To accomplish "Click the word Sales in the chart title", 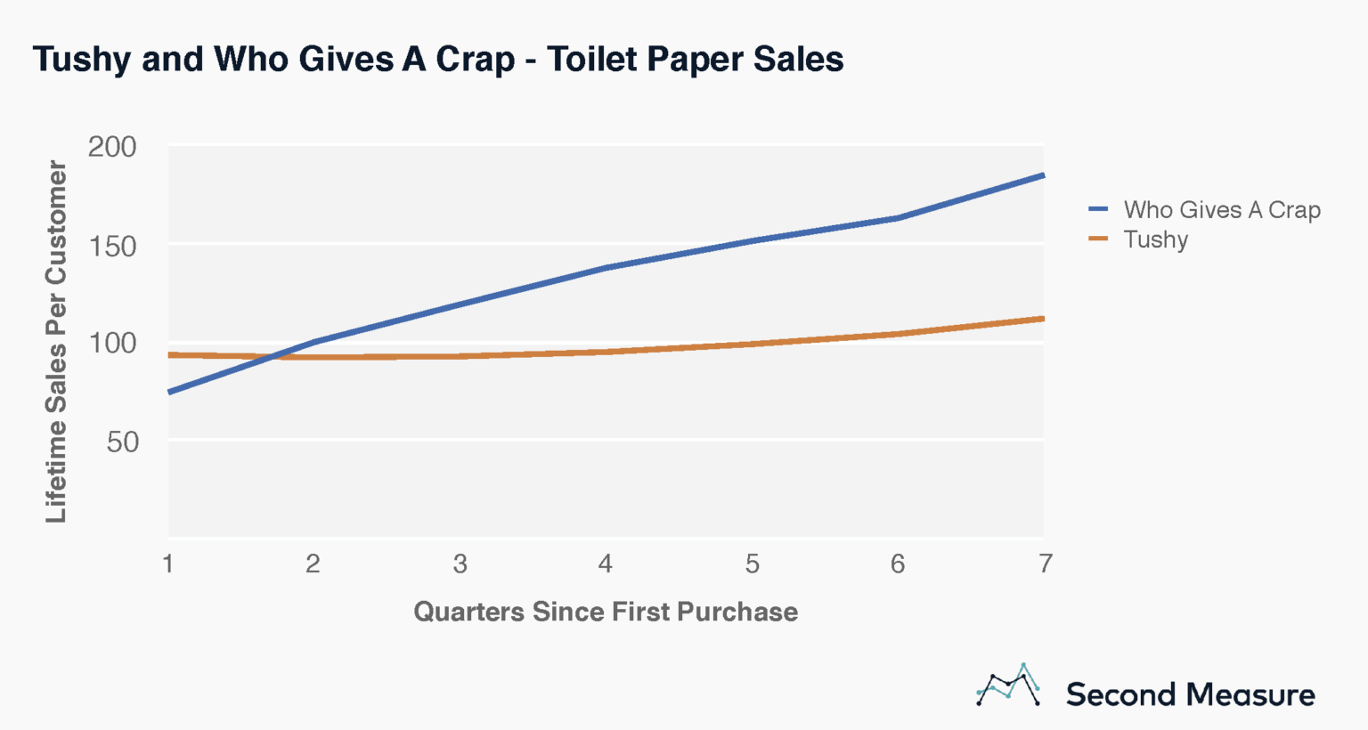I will [798, 59].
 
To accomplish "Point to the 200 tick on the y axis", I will [112, 147].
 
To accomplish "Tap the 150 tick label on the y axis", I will [112, 245].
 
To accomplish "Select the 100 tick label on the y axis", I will [112, 343].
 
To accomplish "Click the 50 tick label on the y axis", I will [123, 441].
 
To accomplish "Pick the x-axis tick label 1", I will [167, 564].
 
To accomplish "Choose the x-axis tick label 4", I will [606, 564].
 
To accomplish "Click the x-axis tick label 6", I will [898, 564].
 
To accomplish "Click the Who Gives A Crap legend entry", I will [1221, 210].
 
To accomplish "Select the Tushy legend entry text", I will [1155, 239].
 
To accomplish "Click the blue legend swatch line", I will [1098, 210].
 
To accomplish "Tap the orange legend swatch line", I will [1098, 239].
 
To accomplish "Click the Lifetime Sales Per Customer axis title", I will [56, 342].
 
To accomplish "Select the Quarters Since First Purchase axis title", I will [606, 612].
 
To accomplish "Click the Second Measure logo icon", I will [1008, 686].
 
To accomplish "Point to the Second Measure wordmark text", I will [1190, 694].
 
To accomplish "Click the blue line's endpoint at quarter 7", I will [1042, 175].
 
